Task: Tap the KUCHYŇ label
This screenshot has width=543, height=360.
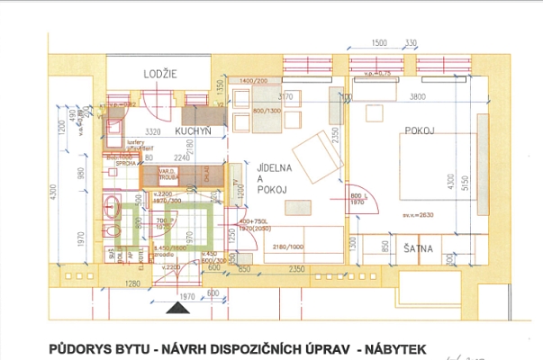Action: [193, 131]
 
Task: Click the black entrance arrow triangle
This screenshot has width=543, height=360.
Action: [184, 307]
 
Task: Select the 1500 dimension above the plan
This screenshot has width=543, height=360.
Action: [379, 42]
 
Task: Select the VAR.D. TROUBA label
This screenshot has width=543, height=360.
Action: [170, 175]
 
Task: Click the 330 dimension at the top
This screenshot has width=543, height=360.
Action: [412, 42]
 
